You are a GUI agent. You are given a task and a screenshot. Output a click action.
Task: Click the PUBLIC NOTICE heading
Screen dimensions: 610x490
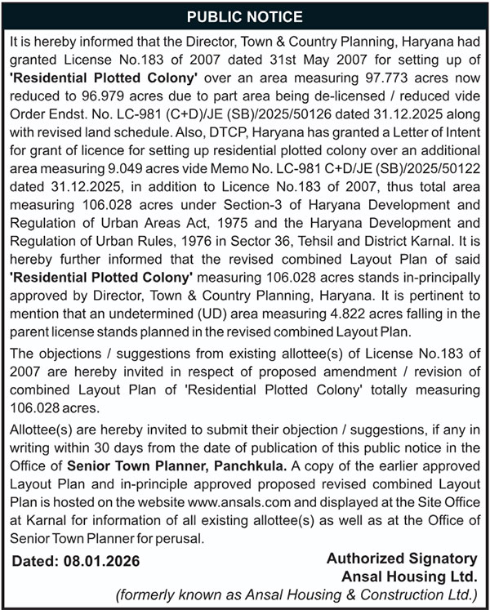click(245, 17)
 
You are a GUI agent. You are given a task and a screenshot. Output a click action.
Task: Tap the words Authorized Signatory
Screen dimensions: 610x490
click(401, 559)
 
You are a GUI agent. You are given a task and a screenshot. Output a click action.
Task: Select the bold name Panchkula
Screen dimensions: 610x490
click(246, 465)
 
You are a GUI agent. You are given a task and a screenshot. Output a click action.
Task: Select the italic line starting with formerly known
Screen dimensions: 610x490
click(296, 594)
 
